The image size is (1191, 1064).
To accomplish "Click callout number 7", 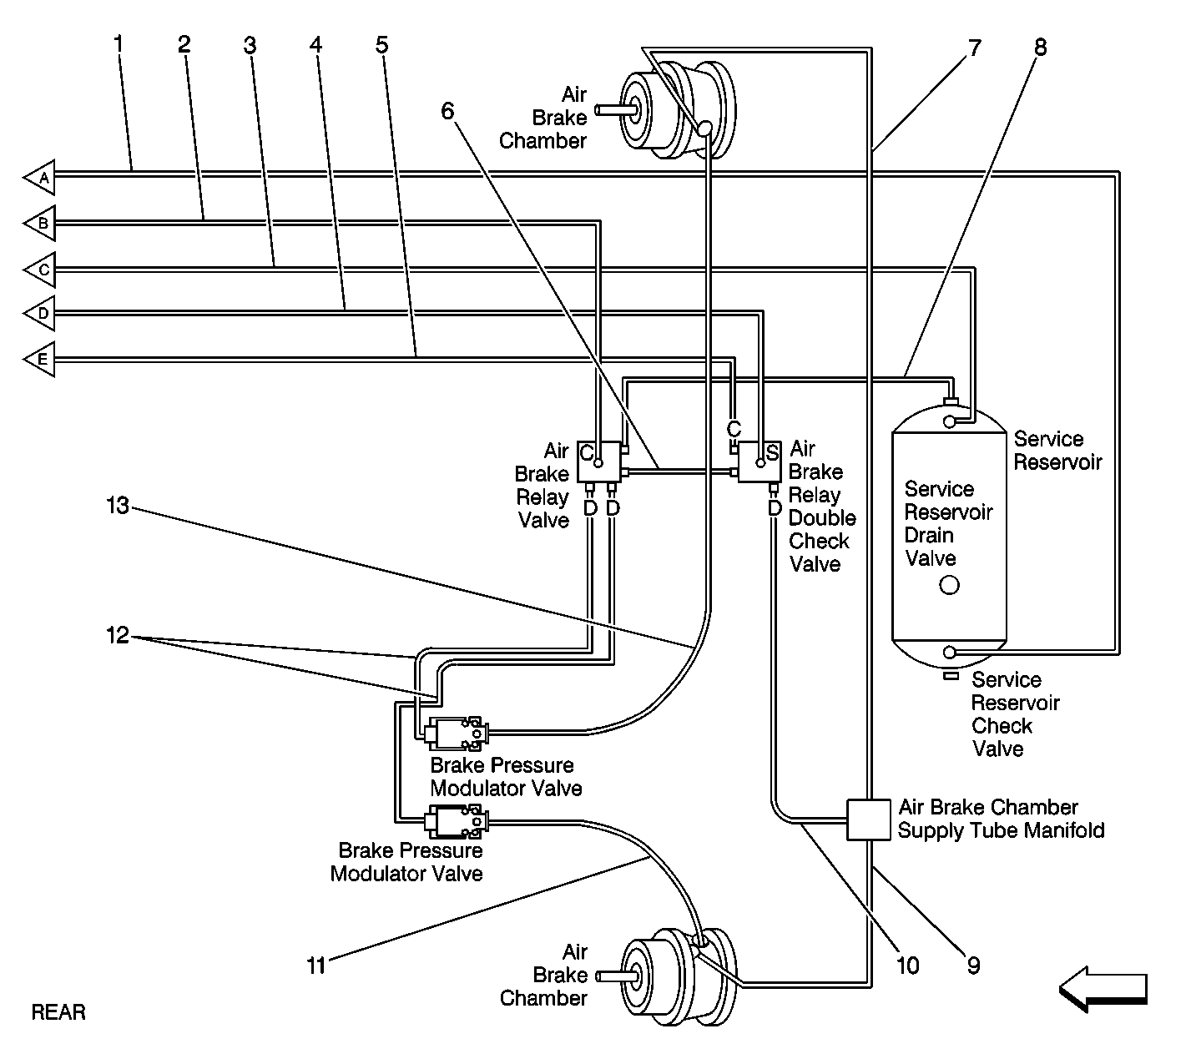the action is [x=975, y=48].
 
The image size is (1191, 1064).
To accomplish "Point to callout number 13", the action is [x=118, y=506].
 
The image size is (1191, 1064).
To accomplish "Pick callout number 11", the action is [x=316, y=966].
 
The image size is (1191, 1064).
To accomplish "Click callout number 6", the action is [x=448, y=110].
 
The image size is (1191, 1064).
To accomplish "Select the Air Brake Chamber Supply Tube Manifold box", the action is [x=868, y=819].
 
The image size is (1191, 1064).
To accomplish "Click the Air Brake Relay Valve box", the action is [x=599, y=462].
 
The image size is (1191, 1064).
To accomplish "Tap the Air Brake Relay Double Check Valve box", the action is [x=760, y=462].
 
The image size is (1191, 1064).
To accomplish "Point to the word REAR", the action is [x=58, y=1012].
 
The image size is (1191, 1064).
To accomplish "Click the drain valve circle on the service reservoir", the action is [x=949, y=585].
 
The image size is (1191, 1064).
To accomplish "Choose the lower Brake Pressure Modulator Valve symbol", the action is [x=456, y=821].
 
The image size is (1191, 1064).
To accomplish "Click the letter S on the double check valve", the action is [x=773, y=452].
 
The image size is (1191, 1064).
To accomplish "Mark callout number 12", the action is [x=118, y=635].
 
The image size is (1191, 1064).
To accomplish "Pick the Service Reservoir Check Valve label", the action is [x=1015, y=714].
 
